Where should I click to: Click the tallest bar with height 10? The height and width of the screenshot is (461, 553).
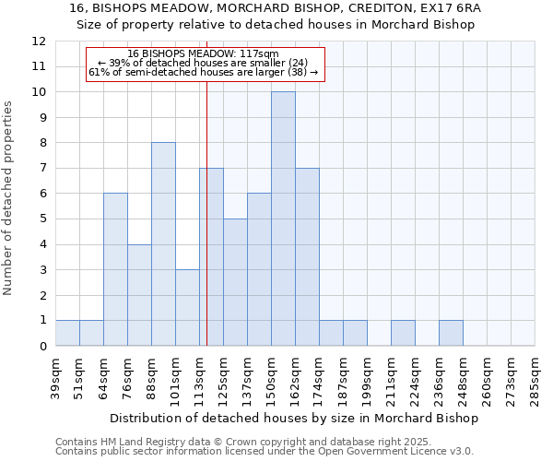(283, 219)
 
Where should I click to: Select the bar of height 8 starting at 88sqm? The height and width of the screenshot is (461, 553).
(163, 244)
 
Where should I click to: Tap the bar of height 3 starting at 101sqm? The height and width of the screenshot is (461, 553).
(187, 307)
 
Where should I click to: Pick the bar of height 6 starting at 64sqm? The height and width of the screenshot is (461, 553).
(115, 269)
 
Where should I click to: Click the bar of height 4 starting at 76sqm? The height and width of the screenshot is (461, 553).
(139, 295)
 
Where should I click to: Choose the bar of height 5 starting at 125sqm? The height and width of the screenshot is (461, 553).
(235, 282)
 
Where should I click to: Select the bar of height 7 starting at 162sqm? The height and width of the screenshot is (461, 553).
(307, 257)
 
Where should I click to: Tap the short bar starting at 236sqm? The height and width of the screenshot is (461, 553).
(451, 333)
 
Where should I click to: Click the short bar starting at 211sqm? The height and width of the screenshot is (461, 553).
(403, 333)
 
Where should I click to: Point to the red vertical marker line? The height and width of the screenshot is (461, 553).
(206, 212)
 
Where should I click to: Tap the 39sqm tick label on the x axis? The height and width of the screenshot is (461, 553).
(55, 373)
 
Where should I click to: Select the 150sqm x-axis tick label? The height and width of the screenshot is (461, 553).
(271, 376)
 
